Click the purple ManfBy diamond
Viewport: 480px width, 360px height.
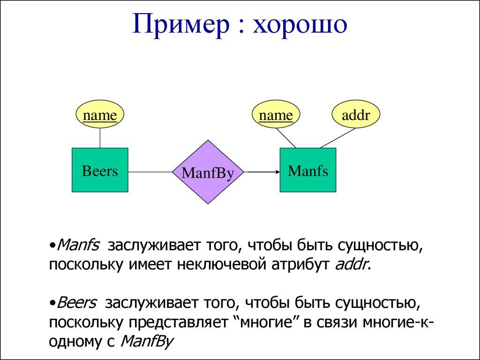[x=207, y=172]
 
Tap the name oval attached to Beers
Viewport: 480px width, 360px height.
[x=100, y=115]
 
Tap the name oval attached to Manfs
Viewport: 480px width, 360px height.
[x=276, y=115]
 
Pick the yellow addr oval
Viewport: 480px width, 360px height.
[x=356, y=115]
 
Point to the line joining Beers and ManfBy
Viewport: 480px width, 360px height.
[x=150, y=172]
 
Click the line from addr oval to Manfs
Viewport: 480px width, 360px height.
[x=337, y=138]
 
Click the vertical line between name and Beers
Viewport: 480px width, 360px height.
[x=100, y=138]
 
